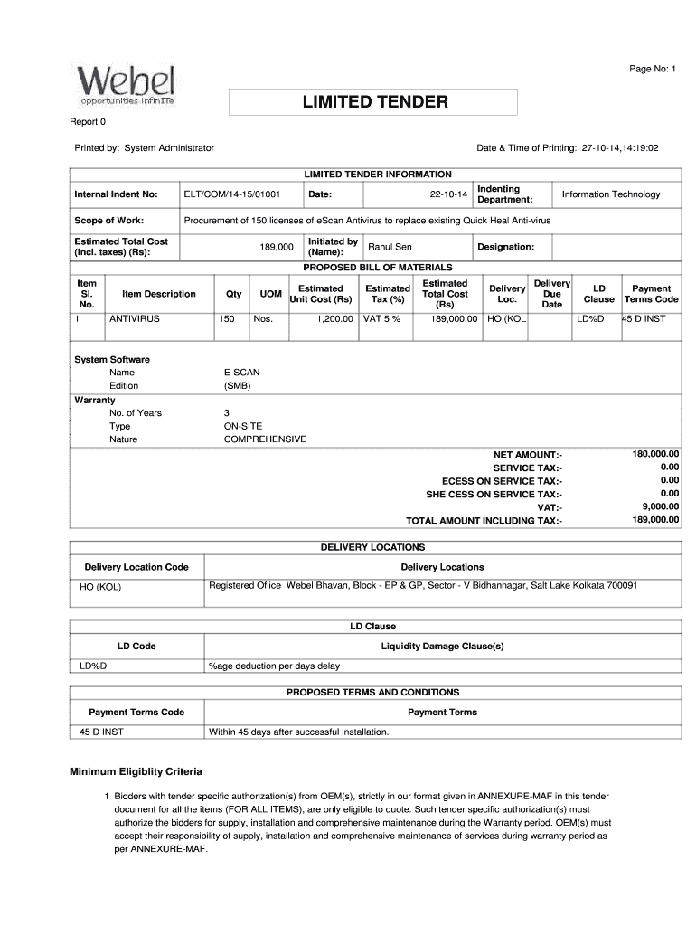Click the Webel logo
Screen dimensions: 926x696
126,87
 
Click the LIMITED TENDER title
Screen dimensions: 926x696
374,102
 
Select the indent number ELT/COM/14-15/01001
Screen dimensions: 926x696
232,194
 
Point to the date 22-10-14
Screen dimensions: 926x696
449,194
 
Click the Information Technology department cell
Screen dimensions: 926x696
611,194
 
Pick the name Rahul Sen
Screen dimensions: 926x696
390,247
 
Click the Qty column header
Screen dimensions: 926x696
233,294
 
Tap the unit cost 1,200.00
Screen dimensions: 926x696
334,319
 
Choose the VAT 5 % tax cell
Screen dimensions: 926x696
381,319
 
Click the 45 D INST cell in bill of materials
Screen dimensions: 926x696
644,319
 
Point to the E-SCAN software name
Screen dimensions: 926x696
241,373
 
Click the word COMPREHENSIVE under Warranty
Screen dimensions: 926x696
265,439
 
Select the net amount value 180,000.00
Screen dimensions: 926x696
655,453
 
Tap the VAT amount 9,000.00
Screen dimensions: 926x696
660,507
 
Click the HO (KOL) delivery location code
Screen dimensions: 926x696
100,587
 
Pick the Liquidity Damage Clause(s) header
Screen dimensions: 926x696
442,647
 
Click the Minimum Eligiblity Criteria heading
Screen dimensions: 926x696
136,771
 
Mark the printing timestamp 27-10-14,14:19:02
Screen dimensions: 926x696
620,147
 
